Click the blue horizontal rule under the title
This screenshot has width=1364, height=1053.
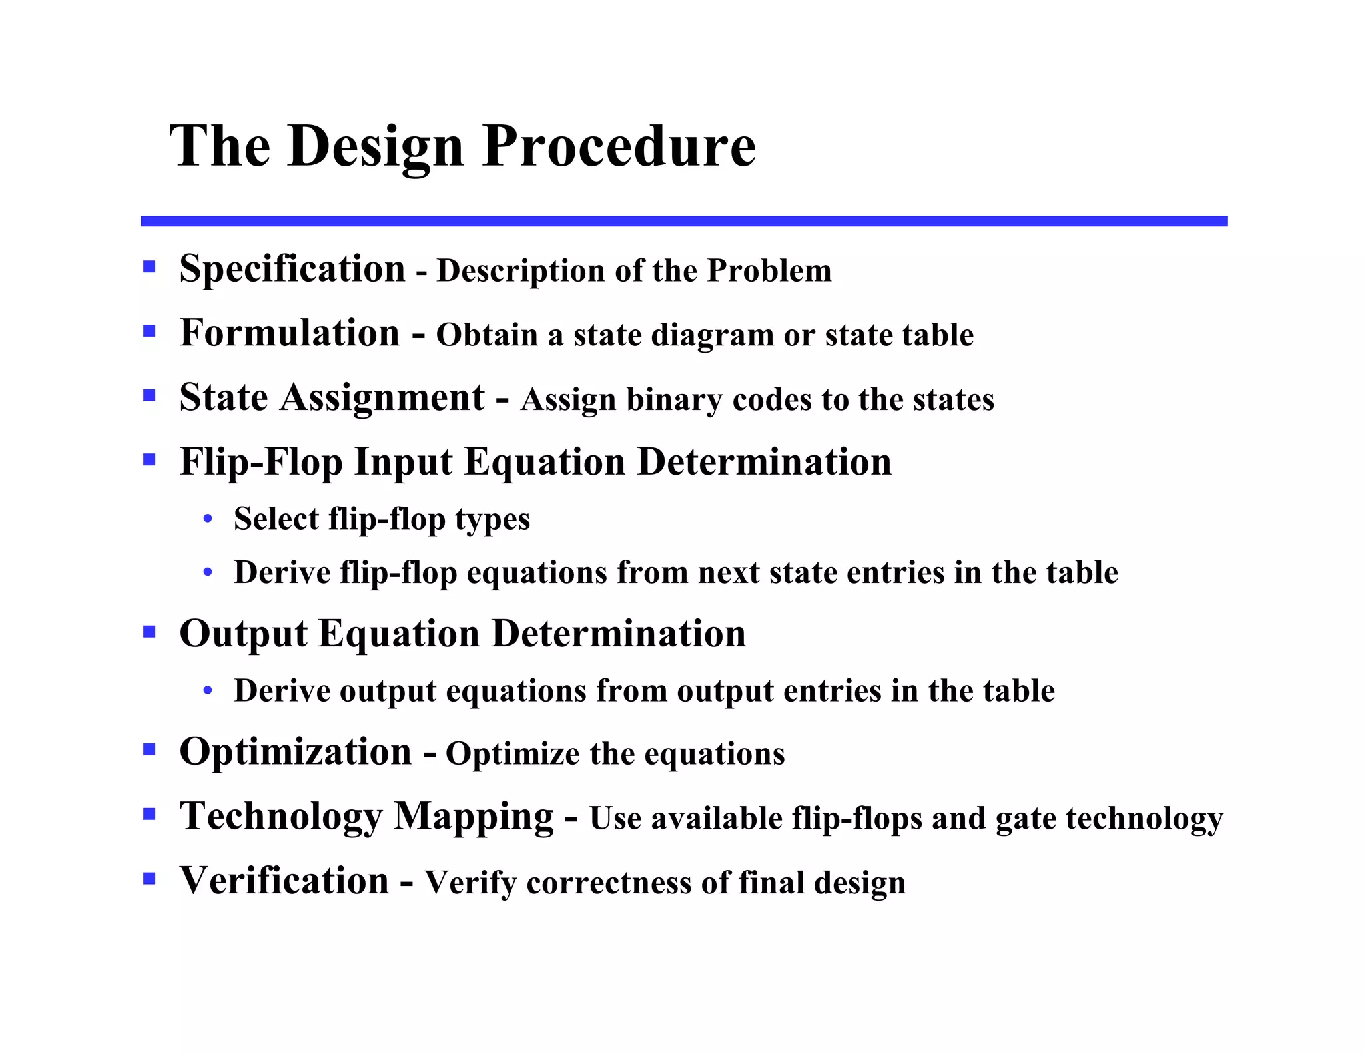(684, 221)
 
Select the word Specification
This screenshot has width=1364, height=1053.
(292, 269)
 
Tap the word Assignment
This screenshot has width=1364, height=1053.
(382, 397)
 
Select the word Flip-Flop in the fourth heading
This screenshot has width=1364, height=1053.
(260, 462)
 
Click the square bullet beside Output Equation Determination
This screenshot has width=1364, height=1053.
(149, 632)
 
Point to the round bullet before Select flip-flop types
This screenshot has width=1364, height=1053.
(208, 519)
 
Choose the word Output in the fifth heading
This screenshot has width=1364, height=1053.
(243, 633)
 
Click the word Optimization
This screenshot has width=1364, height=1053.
(296, 752)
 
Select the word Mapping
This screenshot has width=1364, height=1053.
(474, 816)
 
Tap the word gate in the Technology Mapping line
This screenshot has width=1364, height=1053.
(1026, 819)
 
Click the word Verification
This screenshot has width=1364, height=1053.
(284, 881)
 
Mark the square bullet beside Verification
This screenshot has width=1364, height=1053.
(149, 879)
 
